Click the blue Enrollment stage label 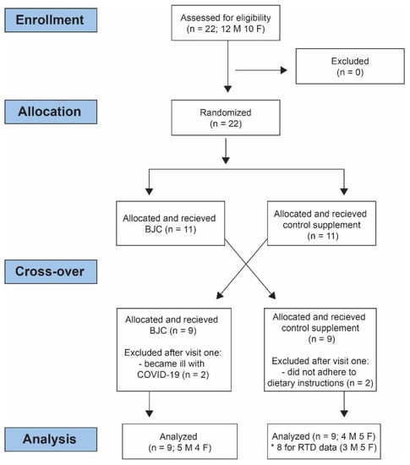[51, 20]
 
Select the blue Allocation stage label [51, 112]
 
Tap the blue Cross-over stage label [51, 271]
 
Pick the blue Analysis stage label [51, 439]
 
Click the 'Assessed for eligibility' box [226, 23]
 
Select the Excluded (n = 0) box [350, 66]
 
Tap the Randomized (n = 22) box [226, 118]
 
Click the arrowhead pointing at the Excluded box [284, 70]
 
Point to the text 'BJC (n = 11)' [171, 229]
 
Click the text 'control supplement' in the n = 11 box [321, 225]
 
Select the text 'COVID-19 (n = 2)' [172, 375]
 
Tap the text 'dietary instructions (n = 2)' [320, 383]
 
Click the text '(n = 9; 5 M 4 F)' [180, 447]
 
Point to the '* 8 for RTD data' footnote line [324, 447]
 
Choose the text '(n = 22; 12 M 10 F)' [226, 29]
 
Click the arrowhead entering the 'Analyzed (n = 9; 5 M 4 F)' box [150, 413]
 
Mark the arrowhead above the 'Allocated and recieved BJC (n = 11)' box [150, 191]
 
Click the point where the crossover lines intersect [246, 265]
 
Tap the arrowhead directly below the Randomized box [226, 160]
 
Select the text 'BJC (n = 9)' [172, 331]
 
